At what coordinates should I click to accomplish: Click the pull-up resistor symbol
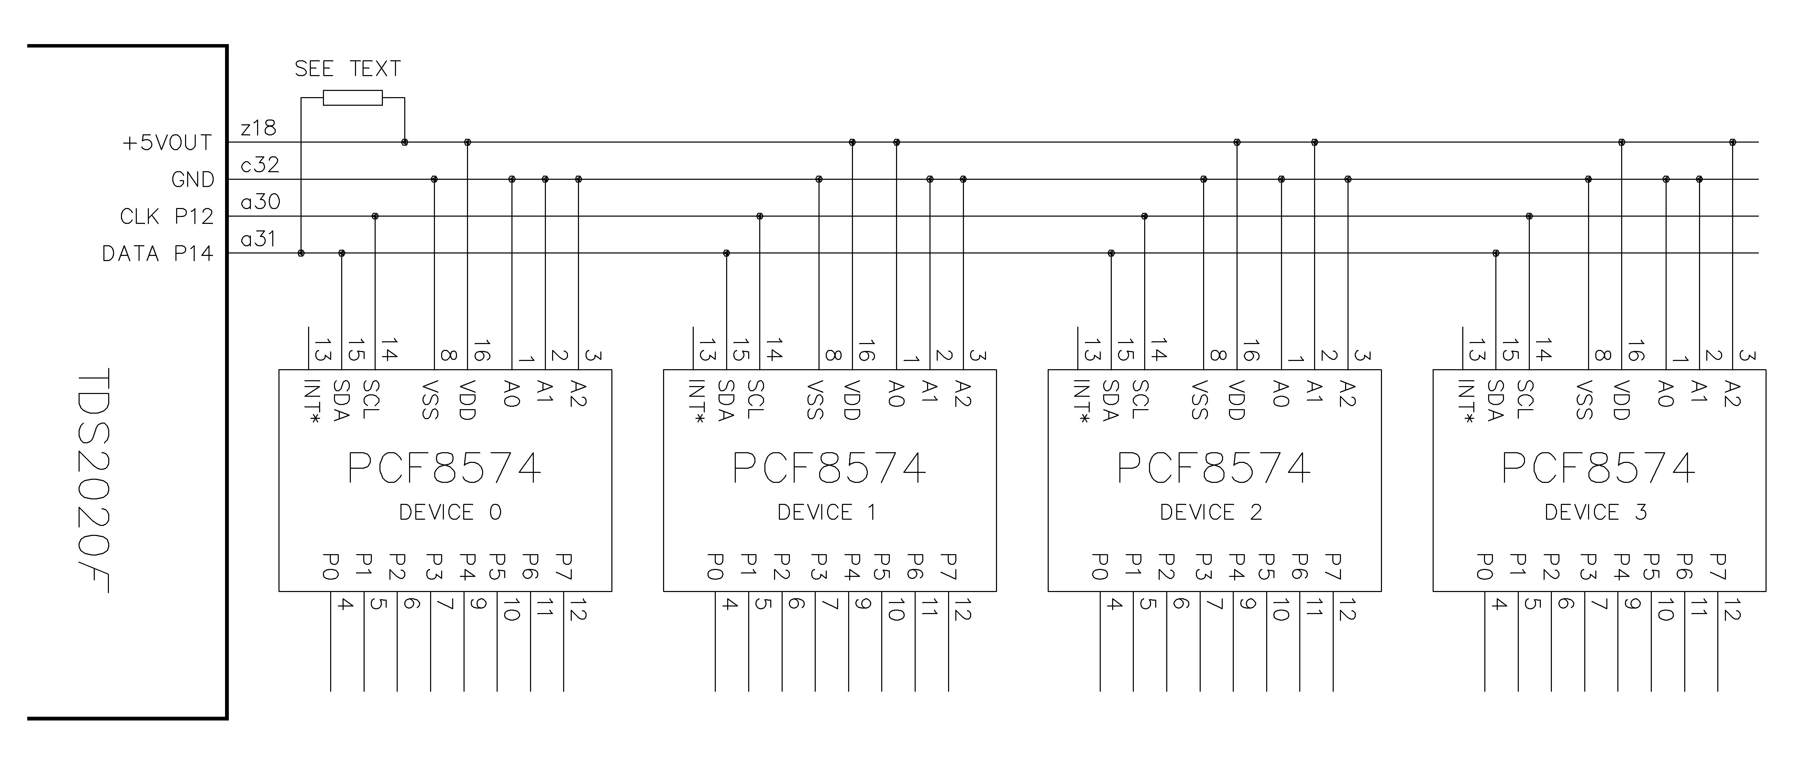353,97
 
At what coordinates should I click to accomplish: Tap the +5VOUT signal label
167,143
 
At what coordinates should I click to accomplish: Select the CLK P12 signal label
166,217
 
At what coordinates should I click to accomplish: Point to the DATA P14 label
157,253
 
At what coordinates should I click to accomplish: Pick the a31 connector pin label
258,239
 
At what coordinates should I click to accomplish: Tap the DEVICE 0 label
450,512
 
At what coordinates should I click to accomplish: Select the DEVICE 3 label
1596,512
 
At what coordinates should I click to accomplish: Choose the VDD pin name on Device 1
852,400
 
